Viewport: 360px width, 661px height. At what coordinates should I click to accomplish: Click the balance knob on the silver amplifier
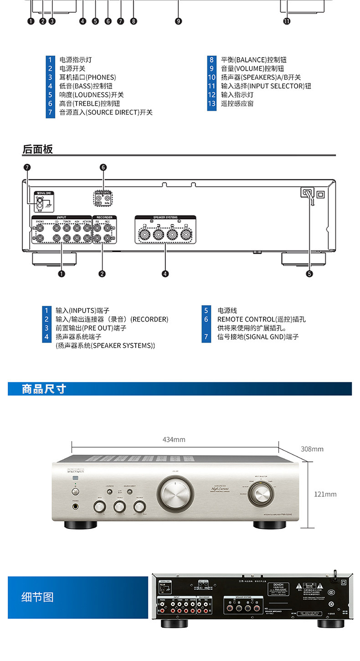(139, 506)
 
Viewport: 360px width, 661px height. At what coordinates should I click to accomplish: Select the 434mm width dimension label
(174, 440)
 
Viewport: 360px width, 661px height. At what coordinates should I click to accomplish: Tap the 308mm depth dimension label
(312, 449)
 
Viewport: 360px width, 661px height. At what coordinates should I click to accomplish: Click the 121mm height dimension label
(325, 494)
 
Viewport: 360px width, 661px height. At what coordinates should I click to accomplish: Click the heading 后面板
(38, 149)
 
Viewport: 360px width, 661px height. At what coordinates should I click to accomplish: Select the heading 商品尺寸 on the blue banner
(44, 389)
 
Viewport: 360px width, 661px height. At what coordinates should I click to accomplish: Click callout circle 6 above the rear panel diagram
(103, 167)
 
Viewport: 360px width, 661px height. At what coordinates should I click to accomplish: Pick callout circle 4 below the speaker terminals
(165, 274)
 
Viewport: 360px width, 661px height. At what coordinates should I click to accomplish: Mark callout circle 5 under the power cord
(309, 274)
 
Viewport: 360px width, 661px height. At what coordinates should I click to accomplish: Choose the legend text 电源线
(227, 311)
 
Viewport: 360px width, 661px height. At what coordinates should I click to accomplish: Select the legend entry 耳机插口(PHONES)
(87, 77)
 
